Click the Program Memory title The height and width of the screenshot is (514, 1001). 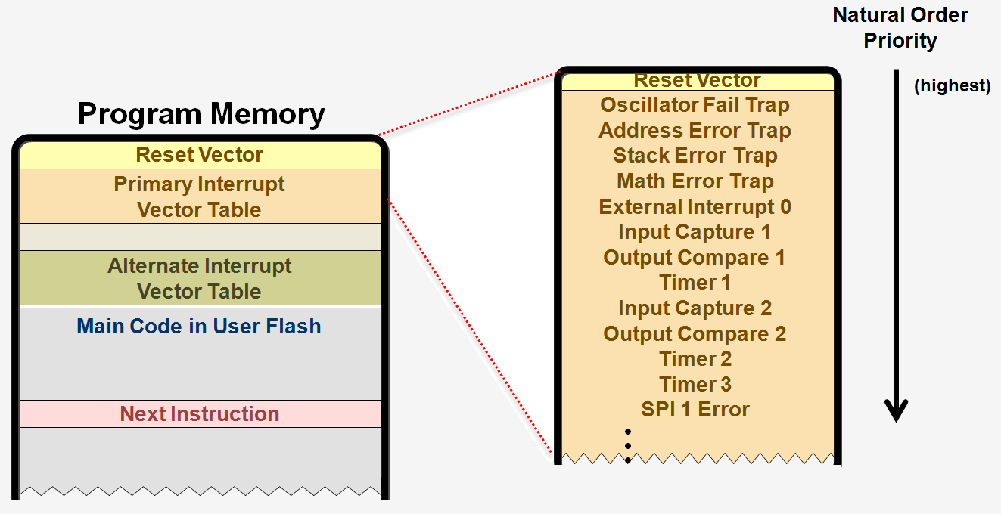coord(201,114)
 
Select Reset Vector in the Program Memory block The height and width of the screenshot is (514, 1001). coord(200,155)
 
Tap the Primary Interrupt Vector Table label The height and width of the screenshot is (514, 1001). coord(200,197)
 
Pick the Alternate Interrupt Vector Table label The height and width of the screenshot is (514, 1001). coord(200,278)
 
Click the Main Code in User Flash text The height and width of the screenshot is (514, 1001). coord(199,327)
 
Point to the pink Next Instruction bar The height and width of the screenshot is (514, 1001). coord(200,414)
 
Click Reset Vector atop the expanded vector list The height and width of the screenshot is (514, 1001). coord(697,80)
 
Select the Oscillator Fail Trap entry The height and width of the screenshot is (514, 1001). coord(695,105)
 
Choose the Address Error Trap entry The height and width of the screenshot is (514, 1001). coord(695,131)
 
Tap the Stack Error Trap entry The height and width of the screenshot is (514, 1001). coord(695,156)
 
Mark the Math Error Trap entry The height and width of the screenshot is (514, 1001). coord(695,181)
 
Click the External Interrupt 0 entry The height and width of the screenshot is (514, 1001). coord(695,207)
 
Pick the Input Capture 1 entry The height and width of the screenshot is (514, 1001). coord(695,232)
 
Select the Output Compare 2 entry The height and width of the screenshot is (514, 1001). coord(695,333)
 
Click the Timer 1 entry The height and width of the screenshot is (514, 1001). coord(695,283)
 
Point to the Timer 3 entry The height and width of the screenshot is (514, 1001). coord(695,384)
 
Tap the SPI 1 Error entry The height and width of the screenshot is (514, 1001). coord(695,410)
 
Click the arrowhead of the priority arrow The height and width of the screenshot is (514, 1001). coord(897,410)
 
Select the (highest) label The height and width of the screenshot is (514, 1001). coord(952,86)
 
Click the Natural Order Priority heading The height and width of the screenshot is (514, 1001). coord(900,27)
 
